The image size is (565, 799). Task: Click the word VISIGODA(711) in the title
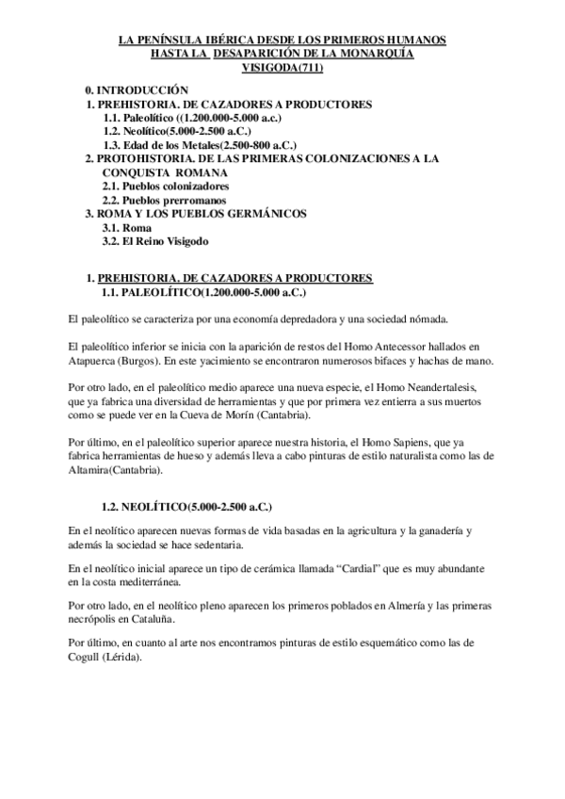[282, 69]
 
